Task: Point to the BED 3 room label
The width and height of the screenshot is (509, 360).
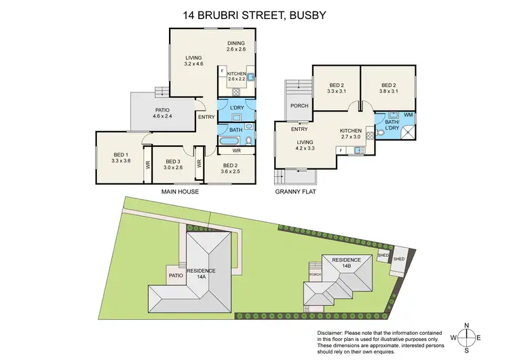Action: coord(172,162)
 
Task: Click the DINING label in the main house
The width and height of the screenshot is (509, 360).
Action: coord(236,45)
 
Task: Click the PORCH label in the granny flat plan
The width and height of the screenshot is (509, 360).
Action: coord(299,106)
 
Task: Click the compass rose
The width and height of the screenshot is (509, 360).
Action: coord(468,338)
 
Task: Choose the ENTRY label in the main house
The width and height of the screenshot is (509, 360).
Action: coord(206,118)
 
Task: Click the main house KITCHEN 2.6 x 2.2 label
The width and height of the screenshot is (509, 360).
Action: coord(237,76)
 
